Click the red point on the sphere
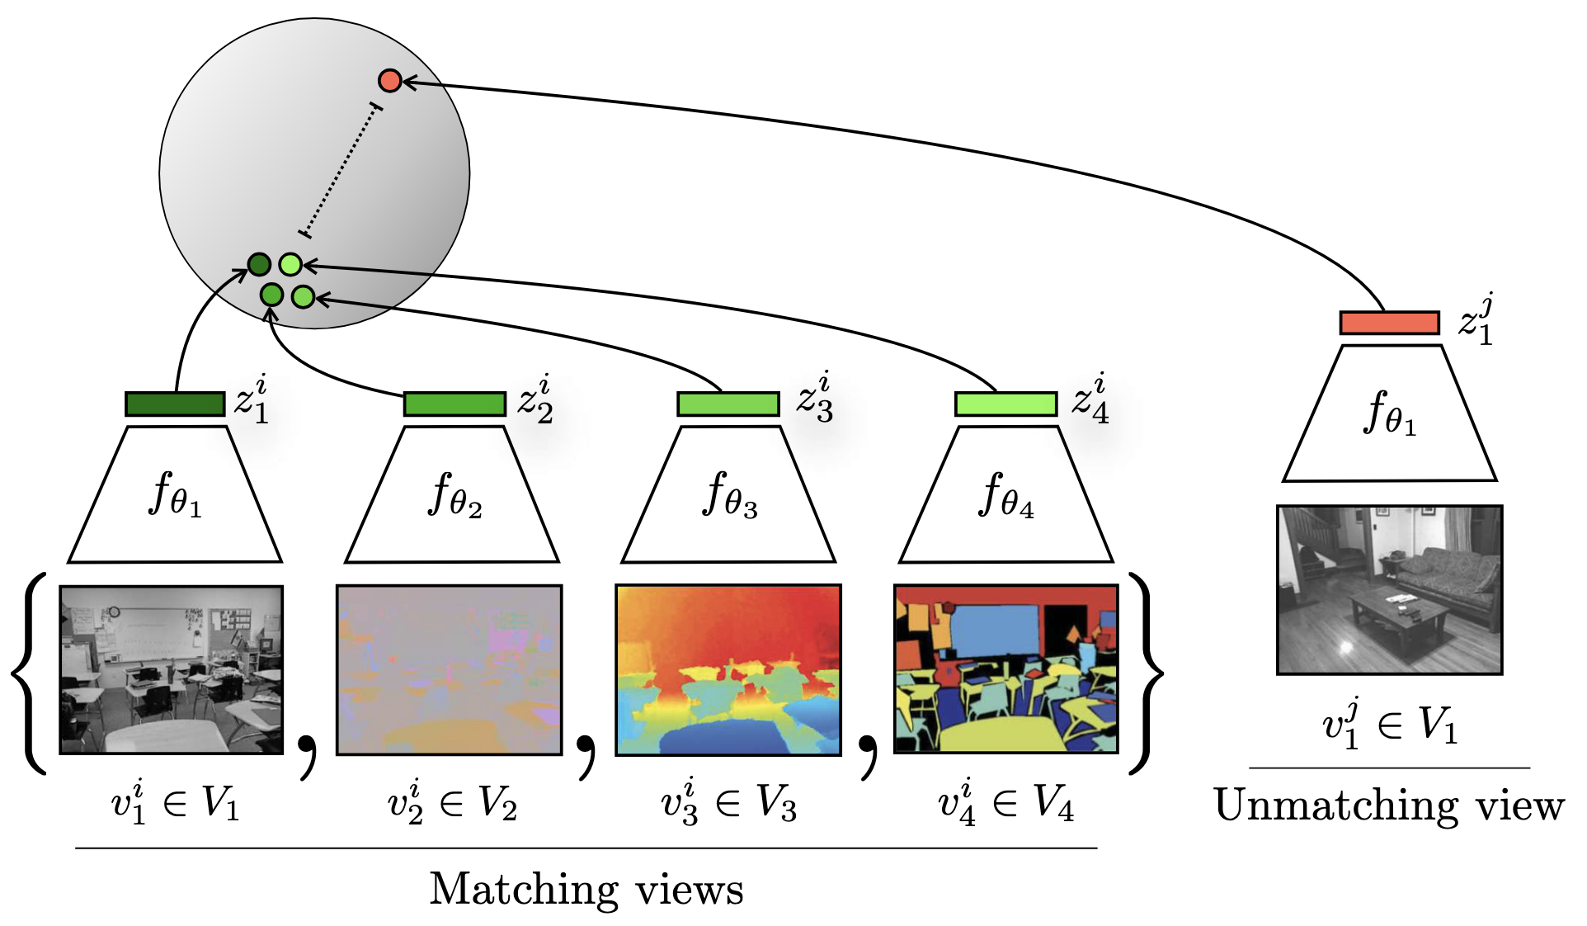click(389, 80)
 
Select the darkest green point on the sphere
click(259, 264)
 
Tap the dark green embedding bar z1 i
click(175, 404)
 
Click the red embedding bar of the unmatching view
click(1389, 322)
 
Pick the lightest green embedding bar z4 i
click(1005, 404)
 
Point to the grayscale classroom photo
click(172, 669)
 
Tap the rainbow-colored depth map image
click(728, 669)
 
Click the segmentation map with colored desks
click(1005, 669)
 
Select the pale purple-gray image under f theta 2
click(450, 669)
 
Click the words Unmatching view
click(1389, 806)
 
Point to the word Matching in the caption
click(523, 890)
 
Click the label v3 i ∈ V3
click(728, 803)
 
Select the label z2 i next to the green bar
click(535, 399)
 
